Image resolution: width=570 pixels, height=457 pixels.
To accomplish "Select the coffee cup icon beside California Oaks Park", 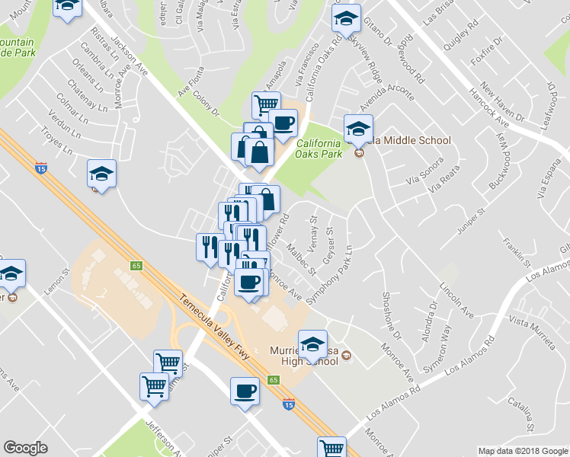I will pyautogui.click(x=283, y=123).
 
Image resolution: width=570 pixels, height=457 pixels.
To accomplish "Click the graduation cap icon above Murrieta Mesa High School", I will pyautogui.click(x=312, y=344).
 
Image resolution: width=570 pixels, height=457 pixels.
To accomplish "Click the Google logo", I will pyautogui.click(x=26, y=448).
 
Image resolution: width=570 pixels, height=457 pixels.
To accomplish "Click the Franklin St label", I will pyautogui.click(x=516, y=251).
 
